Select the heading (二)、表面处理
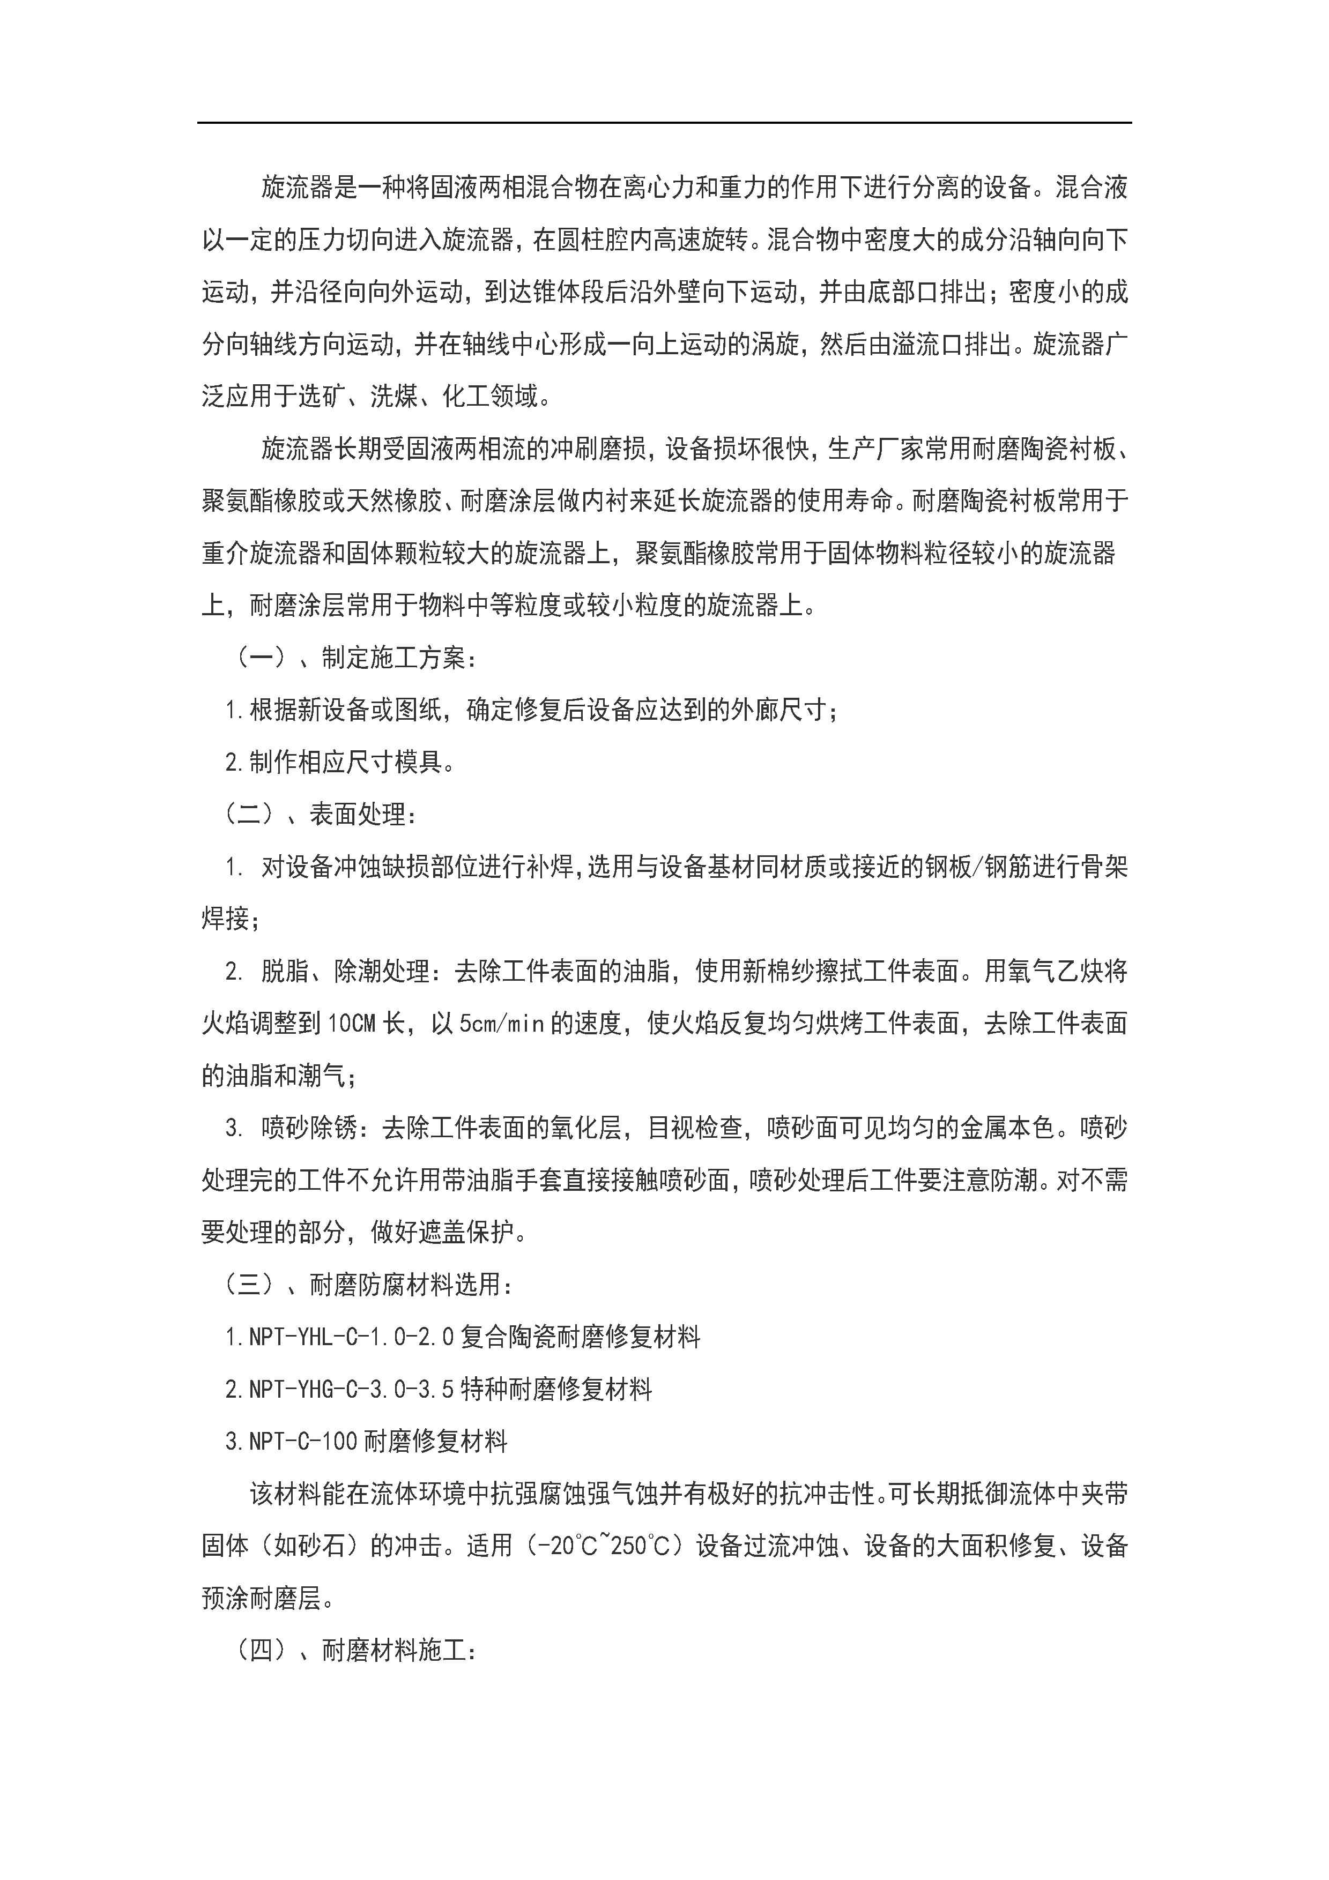point(321,814)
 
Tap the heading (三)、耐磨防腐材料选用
point(368,1285)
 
